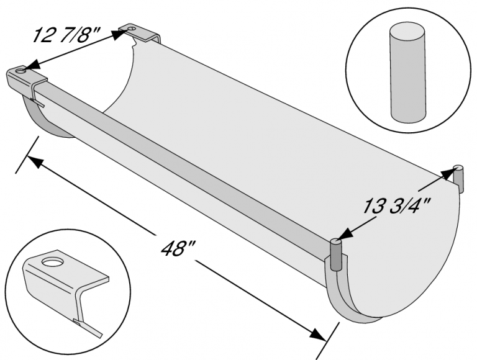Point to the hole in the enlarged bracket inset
pyautogui.click(x=53, y=260)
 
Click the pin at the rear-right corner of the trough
pyautogui.click(x=458, y=176)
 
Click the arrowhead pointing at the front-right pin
pyautogui.click(x=345, y=235)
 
